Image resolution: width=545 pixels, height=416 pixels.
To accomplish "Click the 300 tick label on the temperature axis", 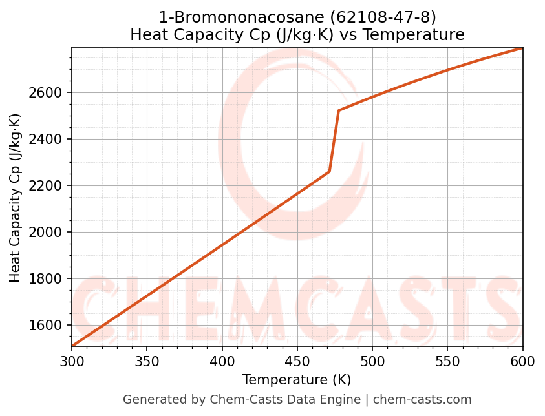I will (x=72, y=362).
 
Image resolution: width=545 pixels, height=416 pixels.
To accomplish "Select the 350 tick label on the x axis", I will (x=147, y=362).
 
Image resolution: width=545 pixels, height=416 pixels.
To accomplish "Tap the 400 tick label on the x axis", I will (x=222, y=362).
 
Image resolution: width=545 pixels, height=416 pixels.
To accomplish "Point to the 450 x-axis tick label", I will (x=297, y=362).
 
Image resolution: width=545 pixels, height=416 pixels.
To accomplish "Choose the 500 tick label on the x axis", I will (x=372, y=362).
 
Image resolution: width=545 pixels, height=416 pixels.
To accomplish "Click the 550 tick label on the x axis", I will (x=447, y=362).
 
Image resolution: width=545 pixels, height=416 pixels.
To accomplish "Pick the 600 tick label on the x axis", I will (x=522, y=362).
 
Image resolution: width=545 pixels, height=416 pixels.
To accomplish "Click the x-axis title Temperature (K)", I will (x=297, y=380).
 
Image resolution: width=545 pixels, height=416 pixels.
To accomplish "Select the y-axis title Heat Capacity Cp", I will (x=16, y=198).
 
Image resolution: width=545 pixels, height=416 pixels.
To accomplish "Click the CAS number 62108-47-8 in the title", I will (x=383, y=16).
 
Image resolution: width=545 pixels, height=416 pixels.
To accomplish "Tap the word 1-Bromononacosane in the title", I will (x=246, y=16).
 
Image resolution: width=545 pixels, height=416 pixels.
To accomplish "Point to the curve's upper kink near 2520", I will (x=339, y=110).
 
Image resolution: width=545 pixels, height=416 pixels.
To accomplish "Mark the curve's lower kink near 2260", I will (x=330, y=172).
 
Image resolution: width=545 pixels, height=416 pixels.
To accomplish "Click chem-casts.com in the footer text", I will (x=422, y=400).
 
